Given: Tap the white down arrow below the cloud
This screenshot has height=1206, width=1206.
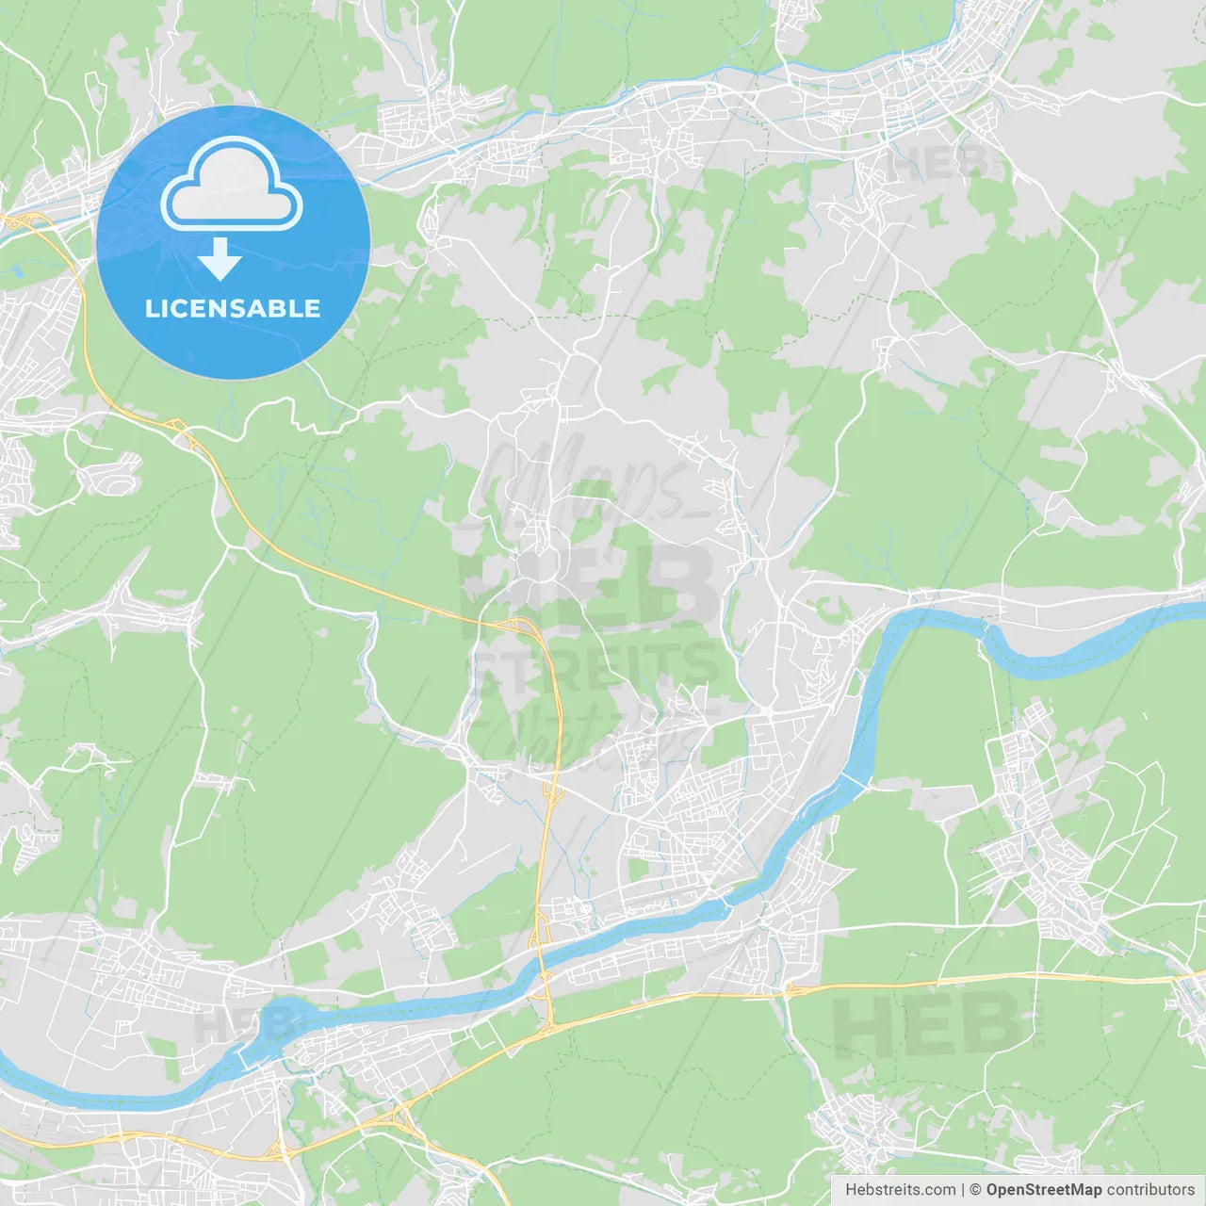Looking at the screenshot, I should [x=220, y=259].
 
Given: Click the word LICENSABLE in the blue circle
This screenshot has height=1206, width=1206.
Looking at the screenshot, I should [x=233, y=308].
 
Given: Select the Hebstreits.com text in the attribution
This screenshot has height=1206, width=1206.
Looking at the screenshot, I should [x=900, y=1190].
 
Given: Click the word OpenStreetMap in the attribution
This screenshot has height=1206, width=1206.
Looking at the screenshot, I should [x=1043, y=1190].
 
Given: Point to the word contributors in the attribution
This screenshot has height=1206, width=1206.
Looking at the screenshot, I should [x=1150, y=1190].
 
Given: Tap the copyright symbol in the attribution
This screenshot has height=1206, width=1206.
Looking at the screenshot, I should [x=976, y=1190].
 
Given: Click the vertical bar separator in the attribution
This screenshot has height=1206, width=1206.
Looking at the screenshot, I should [x=963, y=1190].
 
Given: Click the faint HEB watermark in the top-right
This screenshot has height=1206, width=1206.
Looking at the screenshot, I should [x=937, y=162].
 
